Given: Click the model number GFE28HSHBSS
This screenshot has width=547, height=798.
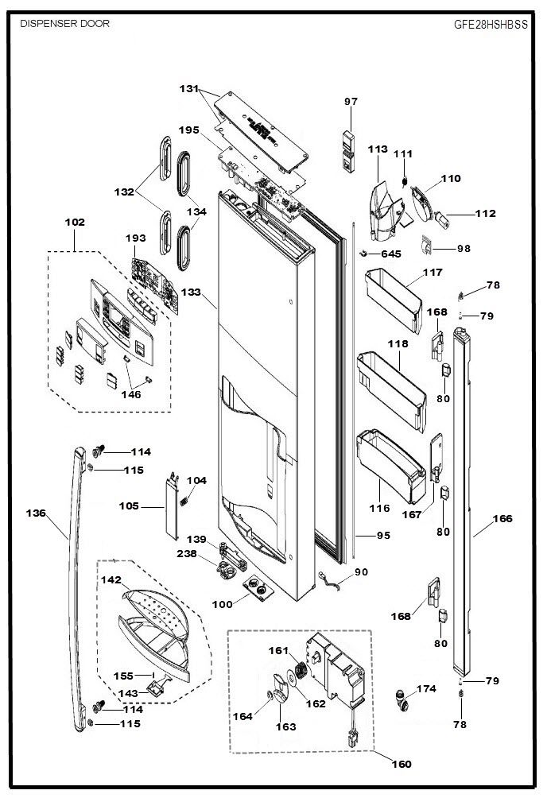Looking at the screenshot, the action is (491, 25).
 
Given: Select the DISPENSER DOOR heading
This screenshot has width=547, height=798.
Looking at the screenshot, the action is (64, 23).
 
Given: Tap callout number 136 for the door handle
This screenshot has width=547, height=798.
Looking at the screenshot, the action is (36, 513).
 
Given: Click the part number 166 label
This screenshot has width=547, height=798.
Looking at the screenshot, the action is (502, 518).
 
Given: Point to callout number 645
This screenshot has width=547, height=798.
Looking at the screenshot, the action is (391, 254).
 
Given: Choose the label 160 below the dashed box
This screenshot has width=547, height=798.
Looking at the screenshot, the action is (402, 764).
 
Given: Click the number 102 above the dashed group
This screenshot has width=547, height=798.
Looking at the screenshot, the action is (75, 222).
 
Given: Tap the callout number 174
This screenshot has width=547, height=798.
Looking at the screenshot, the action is (426, 688).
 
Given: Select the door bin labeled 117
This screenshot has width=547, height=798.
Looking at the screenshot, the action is (394, 300).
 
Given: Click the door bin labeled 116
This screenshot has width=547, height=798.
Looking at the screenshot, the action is (391, 466).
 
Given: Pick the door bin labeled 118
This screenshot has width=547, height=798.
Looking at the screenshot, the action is (392, 390).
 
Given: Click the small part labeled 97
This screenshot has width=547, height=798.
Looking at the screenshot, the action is (348, 152).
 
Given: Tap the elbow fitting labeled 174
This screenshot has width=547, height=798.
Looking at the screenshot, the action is (402, 700).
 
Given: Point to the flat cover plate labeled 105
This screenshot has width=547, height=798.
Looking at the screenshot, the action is (173, 506).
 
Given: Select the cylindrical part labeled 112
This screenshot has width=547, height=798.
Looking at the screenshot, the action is (440, 220).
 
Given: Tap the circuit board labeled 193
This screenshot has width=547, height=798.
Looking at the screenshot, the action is (155, 285).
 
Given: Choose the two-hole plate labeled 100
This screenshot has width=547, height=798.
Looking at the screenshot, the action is (258, 588).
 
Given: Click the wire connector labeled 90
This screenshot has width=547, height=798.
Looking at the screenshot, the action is (329, 581).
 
